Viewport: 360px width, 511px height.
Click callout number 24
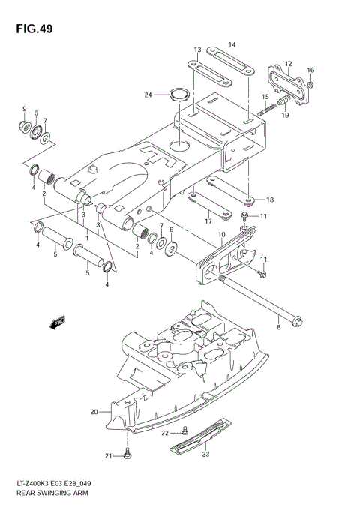coord(149,95)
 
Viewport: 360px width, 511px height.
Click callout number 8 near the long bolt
coord(278,327)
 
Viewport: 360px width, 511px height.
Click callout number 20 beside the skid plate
coord(94,411)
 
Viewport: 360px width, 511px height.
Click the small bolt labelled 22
coord(183,433)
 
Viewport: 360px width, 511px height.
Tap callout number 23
coord(205,452)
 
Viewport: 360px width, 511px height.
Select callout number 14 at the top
coord(232,44)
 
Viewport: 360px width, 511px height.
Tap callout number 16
coord(310,70)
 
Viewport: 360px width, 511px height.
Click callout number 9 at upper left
coord(24,110)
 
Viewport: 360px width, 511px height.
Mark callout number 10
coord(221,234)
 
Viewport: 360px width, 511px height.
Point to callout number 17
coord(208,221)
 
